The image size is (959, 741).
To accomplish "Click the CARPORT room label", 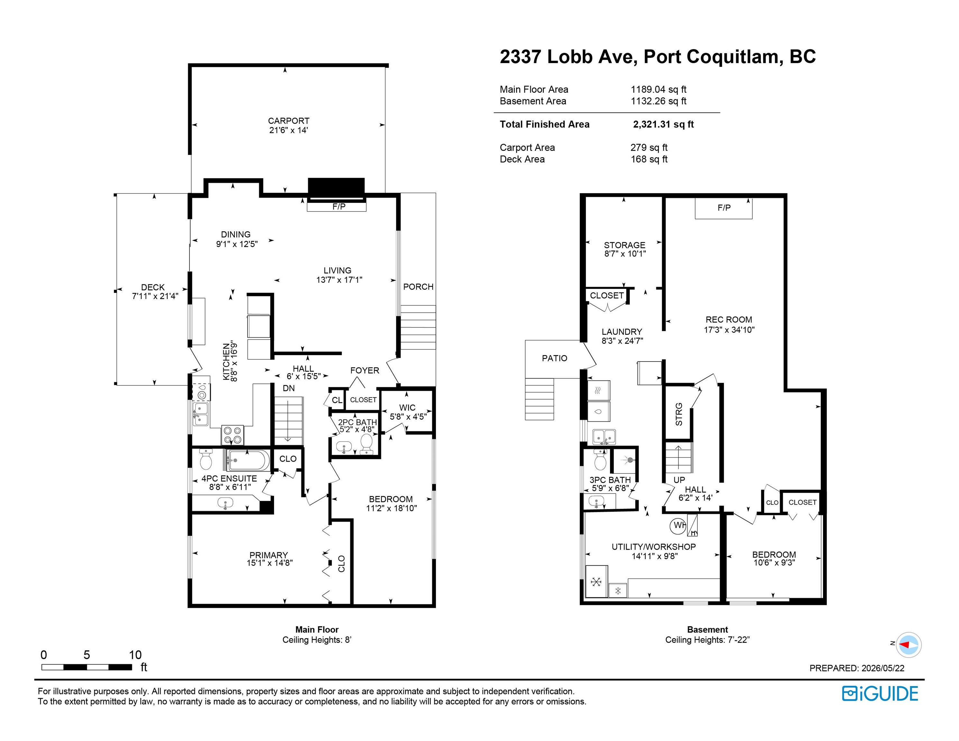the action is pos(289,121).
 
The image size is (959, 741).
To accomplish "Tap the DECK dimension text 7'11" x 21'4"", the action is pos(155,296).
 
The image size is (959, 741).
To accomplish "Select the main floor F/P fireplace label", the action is pos(338,206).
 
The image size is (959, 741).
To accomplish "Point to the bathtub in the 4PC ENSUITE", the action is pos(248,460).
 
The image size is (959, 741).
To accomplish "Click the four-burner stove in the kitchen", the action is pos(233,435).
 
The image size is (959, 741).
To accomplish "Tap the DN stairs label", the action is pos(289,388).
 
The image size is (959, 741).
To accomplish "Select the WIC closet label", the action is pos(407,407).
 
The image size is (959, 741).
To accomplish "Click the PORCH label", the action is pos(418,287).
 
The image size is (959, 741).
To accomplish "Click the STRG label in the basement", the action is pos(679,414).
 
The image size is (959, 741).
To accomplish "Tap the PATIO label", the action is pos(554,358).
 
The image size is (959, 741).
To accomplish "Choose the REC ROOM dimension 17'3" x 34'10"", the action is pos(729,330).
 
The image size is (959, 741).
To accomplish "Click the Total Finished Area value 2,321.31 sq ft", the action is pos(663,124).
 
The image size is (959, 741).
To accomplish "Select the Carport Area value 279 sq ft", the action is pos(649,148).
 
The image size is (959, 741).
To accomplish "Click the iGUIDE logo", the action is pos(880,694).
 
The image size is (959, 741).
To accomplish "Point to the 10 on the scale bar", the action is pos(135,655).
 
